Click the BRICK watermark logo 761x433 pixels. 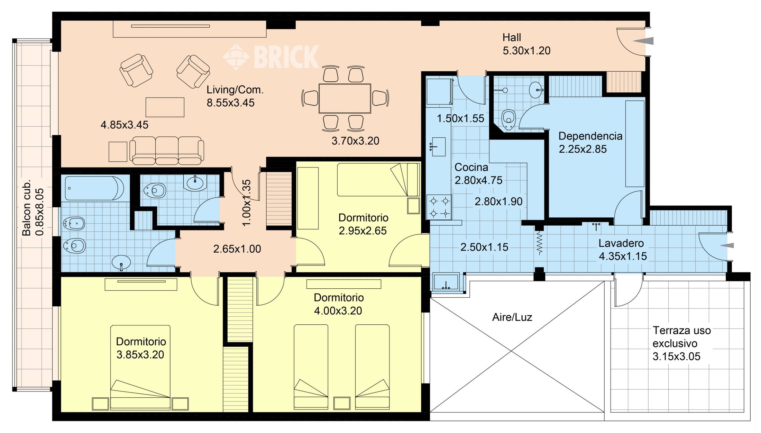[x=271, y=56]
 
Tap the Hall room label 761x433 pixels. [x=512, y=37]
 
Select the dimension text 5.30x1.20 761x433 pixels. [x=526, y=51]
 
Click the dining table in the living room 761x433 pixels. [x=345, y=98]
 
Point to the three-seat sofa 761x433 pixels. [x=167, y=150]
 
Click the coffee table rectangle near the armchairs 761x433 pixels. [x=165, y=107]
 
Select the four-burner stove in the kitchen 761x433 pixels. [x=439, y=207]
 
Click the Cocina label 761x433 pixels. [x=471, y=167]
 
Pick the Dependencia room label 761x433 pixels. [x=590, y=136]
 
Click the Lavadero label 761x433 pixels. [x=621, y=243]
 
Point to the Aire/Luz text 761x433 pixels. [x=512, y=317]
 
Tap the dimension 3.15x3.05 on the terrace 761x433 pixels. [x=676, y=357]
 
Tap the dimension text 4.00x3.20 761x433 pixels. [x=338, y=311]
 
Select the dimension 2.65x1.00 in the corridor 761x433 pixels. [x=237, y=249]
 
